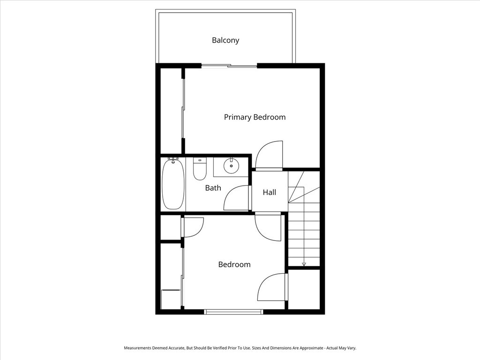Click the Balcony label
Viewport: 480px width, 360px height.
[x=225, y=40]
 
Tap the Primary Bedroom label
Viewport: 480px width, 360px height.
[x=255, y=117]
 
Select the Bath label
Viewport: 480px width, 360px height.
[x=213, y=188]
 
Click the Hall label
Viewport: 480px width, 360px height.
[x=269, y=192]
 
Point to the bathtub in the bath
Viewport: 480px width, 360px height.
[x=173, y=186]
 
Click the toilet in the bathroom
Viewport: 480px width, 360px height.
[x=200, y=171]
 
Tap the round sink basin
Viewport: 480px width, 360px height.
[x=231, y=165]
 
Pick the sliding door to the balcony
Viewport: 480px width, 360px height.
[x=229, y=66]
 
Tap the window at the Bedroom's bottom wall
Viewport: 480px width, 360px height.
[x=233, y=311]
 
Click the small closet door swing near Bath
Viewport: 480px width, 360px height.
[x=192, y=227]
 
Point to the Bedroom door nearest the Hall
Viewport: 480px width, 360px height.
[x=268, y=227]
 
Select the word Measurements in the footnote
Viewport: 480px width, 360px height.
[x=139, y=348]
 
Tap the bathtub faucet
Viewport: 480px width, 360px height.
[x=173, y=160]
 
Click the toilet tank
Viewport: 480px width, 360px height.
[x=200, y=160]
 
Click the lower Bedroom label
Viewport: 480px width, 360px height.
[x=234, y=264]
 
